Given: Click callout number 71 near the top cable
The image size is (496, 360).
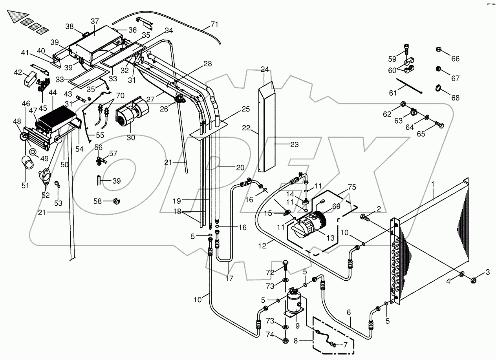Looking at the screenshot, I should point(214,24).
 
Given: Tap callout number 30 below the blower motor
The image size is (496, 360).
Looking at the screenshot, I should point(131,138).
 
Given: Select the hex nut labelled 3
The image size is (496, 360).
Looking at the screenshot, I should point(474,280).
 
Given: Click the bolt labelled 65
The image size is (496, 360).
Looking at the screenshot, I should point(440,126).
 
